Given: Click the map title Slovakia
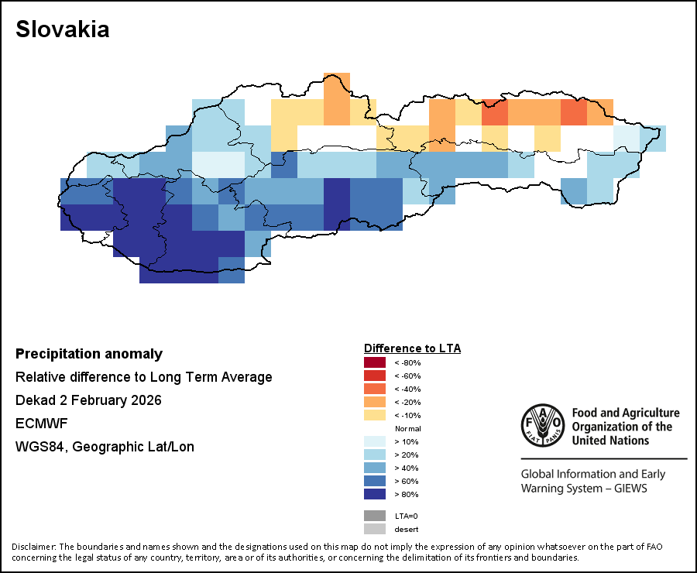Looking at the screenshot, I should [x=63, y=29].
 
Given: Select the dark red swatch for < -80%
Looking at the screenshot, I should [x=374, y=362].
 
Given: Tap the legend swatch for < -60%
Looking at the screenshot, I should [x=374, y=376].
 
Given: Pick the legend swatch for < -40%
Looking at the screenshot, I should [x=374, y=389].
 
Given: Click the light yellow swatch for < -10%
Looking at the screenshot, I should [x=374, y=415].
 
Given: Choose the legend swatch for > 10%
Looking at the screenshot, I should [x=374, y=441].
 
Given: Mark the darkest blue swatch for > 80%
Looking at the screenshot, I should [x=374, y=494].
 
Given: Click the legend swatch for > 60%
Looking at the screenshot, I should [x=374, y=481].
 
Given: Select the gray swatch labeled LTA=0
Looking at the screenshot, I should [x=374, y=516].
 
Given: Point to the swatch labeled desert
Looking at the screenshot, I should [x=374, y=529].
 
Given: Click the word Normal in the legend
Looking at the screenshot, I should [x=407, y=428].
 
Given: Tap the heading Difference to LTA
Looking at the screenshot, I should [x=412, y=348].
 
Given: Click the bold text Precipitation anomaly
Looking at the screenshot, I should [x=89, y=354].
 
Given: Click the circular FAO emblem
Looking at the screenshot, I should [x=542, y=426].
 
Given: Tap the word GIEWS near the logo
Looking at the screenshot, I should [x=625, y=489].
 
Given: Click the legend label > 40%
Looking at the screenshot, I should [x=406, y=468].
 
